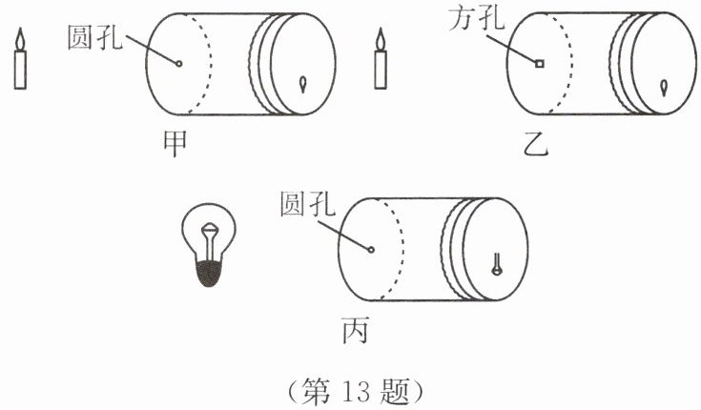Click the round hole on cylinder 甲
click(178, 64)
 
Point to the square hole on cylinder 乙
click(539, 65)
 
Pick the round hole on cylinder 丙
click(372, 251)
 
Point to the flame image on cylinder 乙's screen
click(664, 88)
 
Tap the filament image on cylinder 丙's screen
click(496, 264)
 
